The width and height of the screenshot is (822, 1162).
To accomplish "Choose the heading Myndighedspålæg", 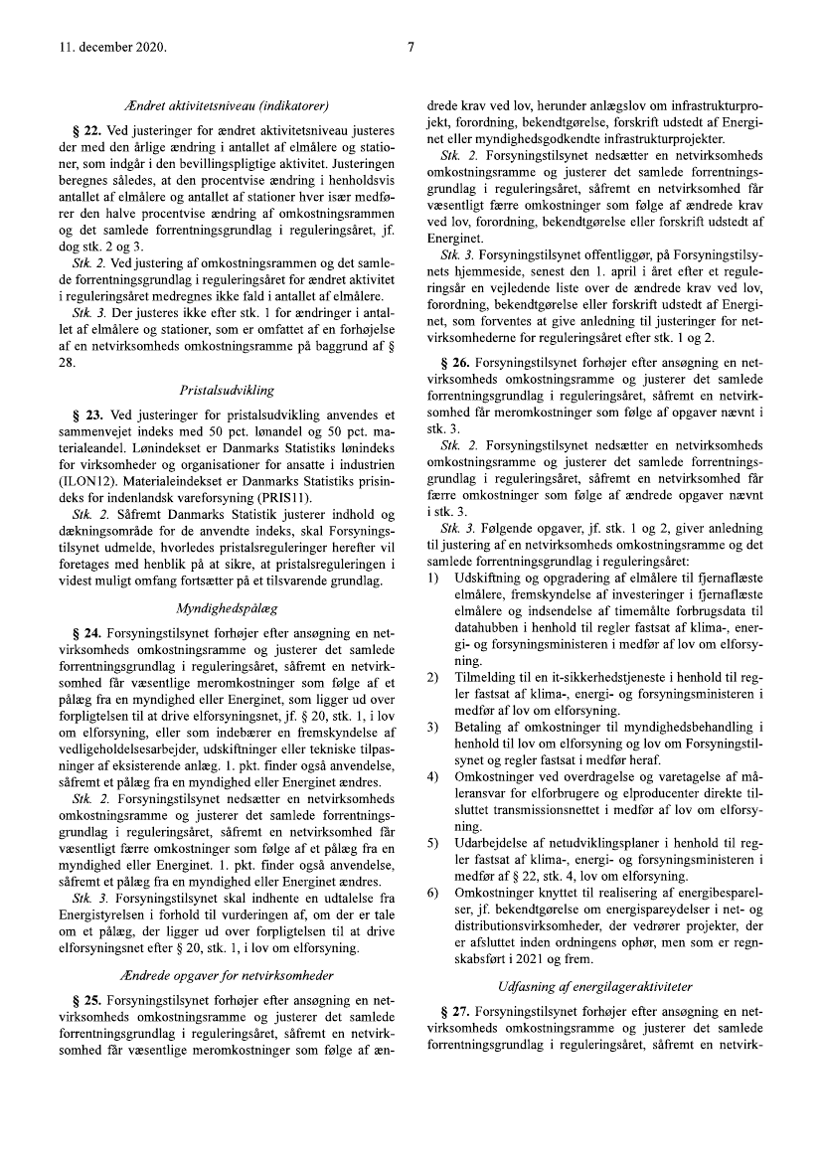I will point(228,605).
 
